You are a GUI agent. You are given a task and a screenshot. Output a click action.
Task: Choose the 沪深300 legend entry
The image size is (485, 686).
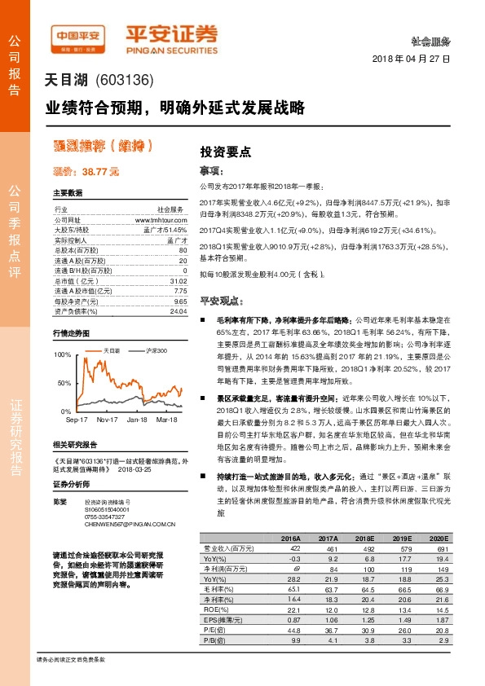(x=156, y=350)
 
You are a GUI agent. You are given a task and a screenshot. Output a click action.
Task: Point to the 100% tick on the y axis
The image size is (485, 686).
(x=62, y=356)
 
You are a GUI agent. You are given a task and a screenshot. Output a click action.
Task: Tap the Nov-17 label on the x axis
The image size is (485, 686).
(x=107, y=420)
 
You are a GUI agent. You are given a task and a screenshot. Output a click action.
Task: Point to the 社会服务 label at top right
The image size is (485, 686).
(x=431, y=40)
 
